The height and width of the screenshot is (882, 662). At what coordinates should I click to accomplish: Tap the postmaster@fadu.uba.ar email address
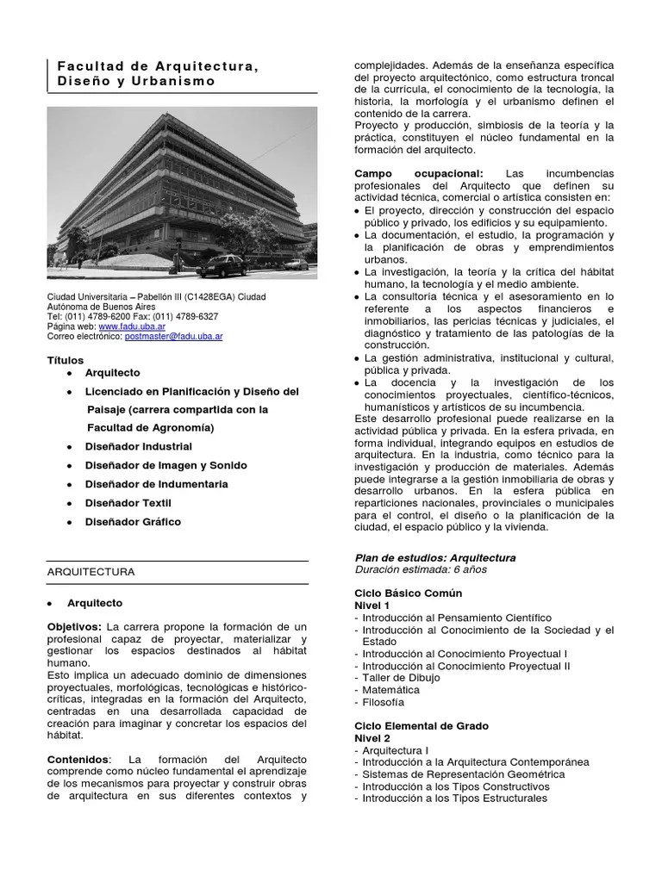click(x=173, y=337)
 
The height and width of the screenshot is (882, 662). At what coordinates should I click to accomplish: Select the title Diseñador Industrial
click(x=139, y=446)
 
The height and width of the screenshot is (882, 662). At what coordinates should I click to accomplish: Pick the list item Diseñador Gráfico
click(x=134, y=521)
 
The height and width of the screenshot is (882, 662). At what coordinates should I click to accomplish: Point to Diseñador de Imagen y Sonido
click(x=166, y=465)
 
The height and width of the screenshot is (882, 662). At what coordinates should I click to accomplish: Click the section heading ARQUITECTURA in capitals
click(x=91, y=571)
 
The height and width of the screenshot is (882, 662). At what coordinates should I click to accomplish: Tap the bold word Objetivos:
click(x=74, y=625)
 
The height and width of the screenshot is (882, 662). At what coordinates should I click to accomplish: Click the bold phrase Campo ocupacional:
click(x=419, y=173)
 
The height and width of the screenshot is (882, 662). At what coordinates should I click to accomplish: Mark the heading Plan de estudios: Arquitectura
click(x=435, y=557)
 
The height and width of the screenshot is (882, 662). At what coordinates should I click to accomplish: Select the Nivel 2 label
click(x=372, y=738)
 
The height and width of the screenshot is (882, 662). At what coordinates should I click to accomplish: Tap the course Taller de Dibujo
click(x=401, y=678)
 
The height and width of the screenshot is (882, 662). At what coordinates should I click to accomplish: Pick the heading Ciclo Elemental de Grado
click(x=422, y=726)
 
